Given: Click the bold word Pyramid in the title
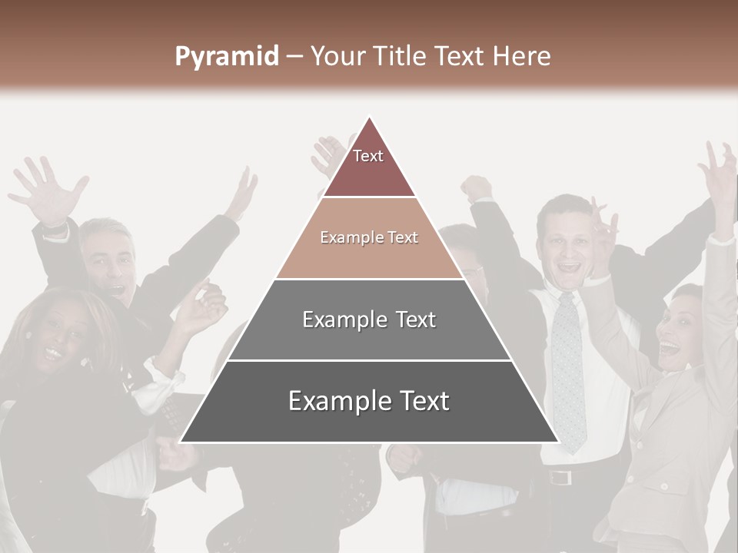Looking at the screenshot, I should (x=226, y=57).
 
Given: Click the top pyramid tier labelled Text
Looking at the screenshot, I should (x=369, y=164).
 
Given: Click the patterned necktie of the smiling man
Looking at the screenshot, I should (x=569, y=369).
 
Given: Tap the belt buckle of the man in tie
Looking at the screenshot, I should (x=560, y=477).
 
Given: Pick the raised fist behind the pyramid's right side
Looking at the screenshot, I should (x=477, y=188).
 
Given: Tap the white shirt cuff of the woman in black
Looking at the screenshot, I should (x=158, y=388).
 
